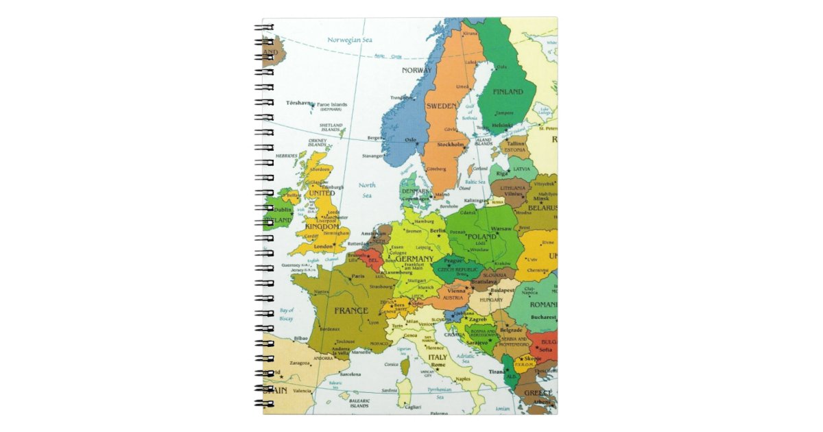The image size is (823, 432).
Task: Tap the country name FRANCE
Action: point(351,311)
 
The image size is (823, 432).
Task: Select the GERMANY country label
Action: point(414,259)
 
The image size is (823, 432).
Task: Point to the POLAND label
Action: point(481,237)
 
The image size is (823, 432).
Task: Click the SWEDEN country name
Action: point(441,106)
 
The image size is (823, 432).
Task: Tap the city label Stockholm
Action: point(451,145)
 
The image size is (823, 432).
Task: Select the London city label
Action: point(323,246)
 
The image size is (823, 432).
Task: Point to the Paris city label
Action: point(358,277)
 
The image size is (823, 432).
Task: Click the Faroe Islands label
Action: point(332,105)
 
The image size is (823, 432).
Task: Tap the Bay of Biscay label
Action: point(287,315)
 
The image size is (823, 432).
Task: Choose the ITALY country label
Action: point(438,357)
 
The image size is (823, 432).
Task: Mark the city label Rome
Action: point(438,365)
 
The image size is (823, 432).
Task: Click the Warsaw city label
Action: point(501,228)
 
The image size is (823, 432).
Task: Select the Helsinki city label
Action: point(502,125)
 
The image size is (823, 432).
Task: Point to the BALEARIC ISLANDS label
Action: point(359,403)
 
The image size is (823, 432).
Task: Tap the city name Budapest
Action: point(502,290)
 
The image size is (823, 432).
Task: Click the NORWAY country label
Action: point(417,70)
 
